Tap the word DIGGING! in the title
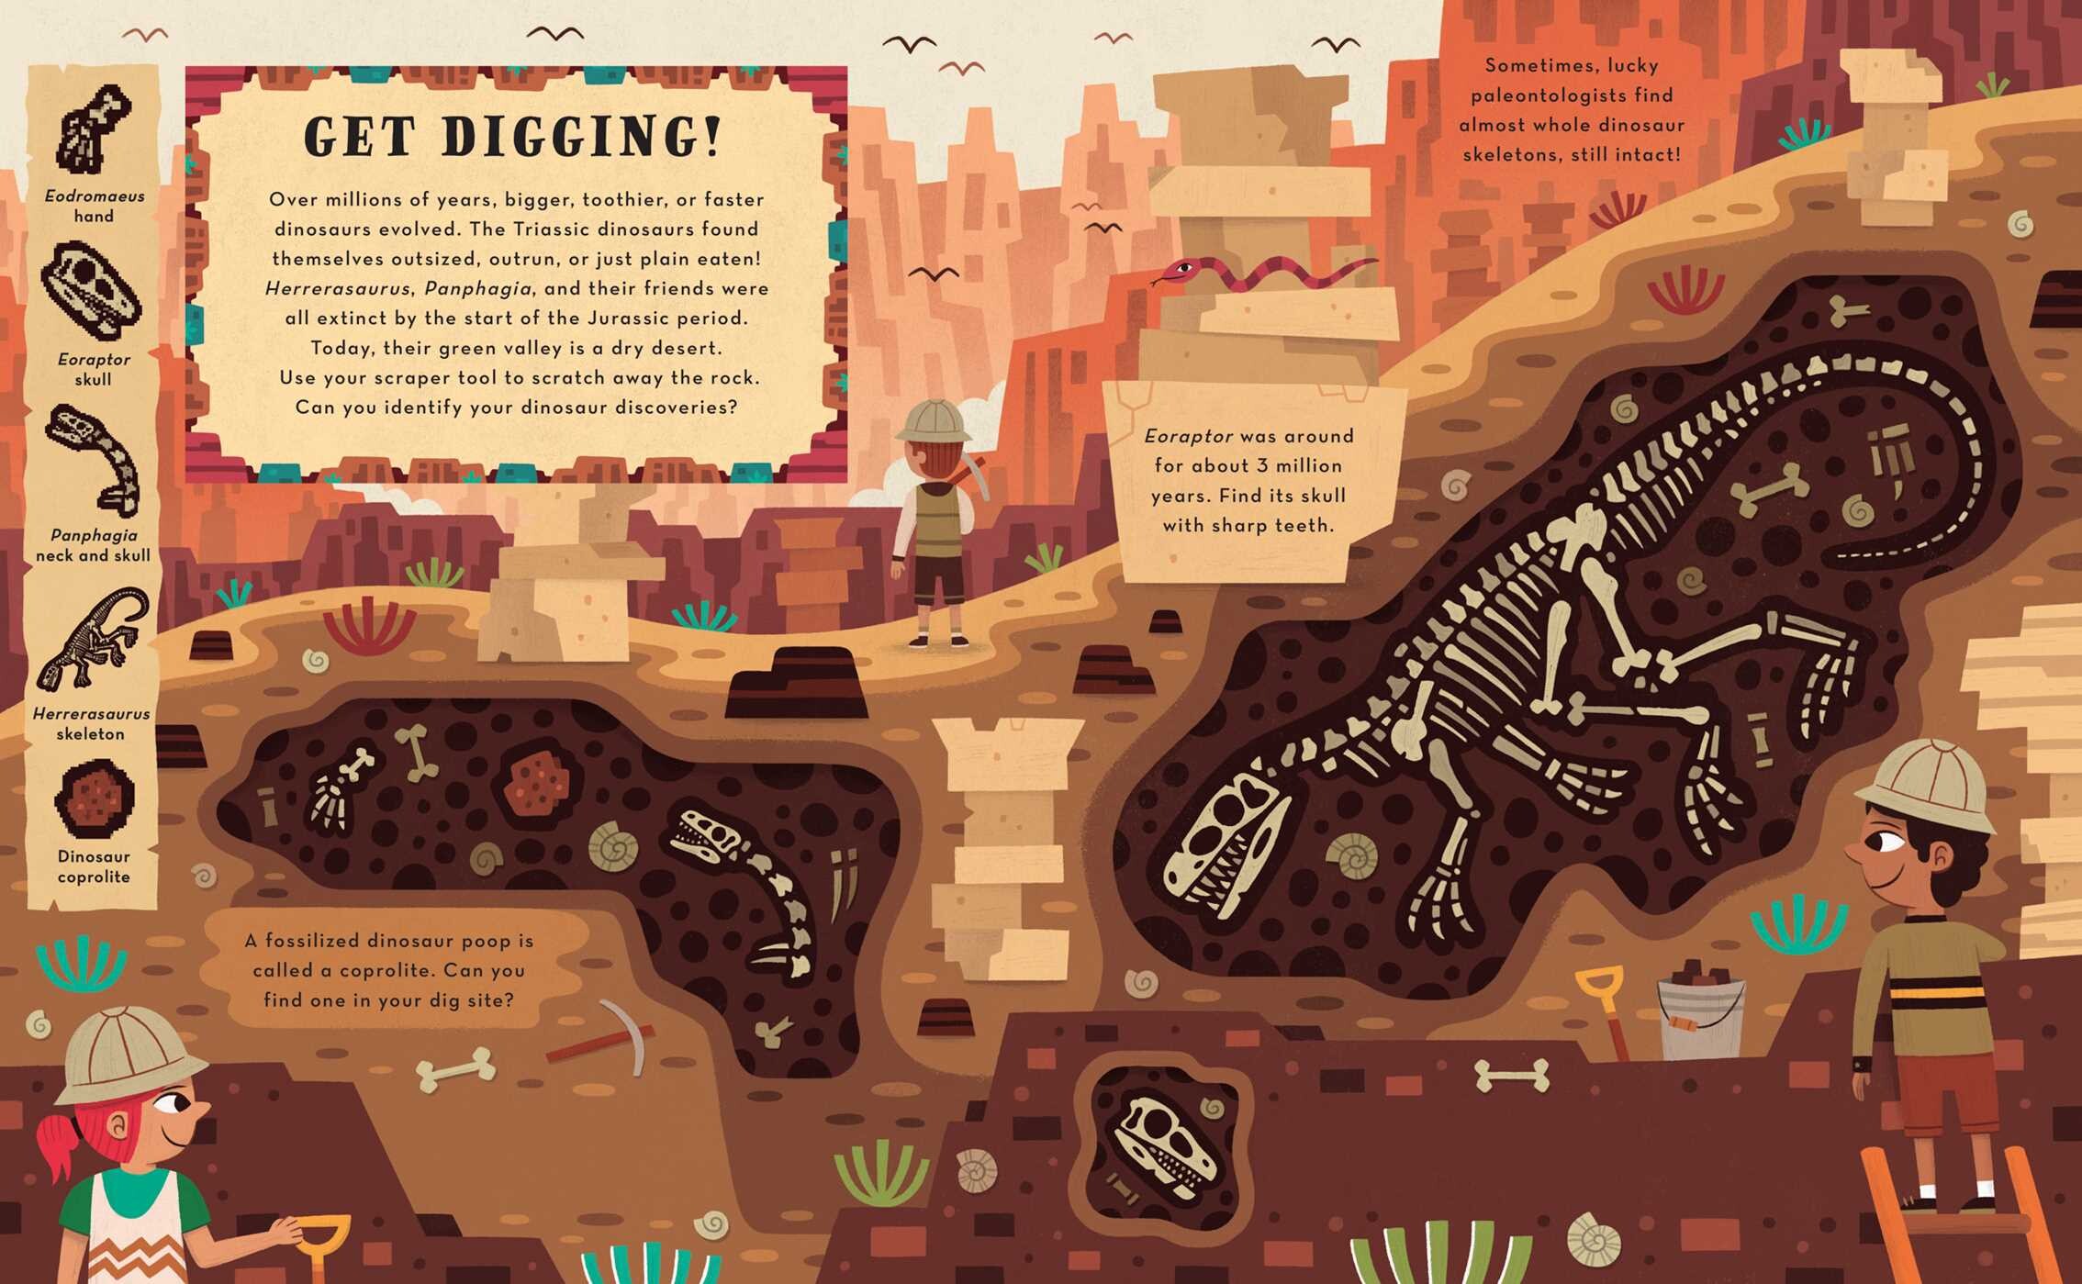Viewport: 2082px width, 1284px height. (581, 138)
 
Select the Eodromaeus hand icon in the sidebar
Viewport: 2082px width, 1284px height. (93, 128)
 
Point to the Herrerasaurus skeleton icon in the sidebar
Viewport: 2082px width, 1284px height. (92, 640)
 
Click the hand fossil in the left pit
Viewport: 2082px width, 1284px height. (337, 787)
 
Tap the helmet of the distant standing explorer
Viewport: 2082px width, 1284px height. (934, 421)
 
